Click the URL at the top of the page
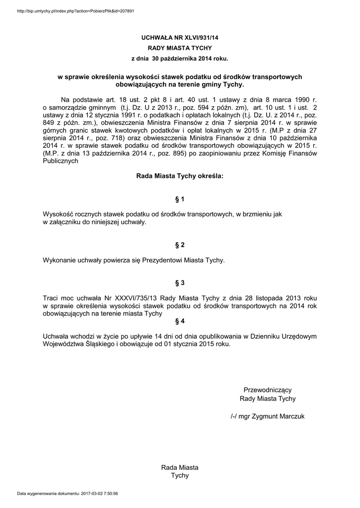75,10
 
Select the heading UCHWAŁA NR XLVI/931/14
180,37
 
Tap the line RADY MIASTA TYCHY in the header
180,48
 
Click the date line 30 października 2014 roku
180,59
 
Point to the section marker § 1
180,199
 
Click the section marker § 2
180,245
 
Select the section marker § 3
180,283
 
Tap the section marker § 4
180,321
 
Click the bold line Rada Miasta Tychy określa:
180,176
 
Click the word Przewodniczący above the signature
267,389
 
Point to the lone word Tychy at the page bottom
180,475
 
